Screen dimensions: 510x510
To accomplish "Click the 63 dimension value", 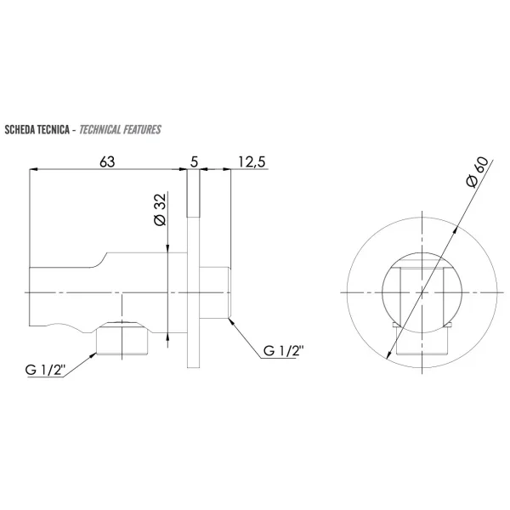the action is (107, 161).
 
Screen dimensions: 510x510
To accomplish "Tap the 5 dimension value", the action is (194, 161).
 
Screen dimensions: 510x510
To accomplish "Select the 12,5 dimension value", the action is (252, 162).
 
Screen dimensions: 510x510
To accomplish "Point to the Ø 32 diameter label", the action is (160, 209).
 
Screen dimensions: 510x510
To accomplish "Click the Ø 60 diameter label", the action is (477, 172).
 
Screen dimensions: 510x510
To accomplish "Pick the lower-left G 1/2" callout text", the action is (46, 370).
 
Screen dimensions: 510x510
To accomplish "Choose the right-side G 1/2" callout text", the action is (283, 351).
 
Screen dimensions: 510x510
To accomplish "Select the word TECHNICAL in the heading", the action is (99, 130).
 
